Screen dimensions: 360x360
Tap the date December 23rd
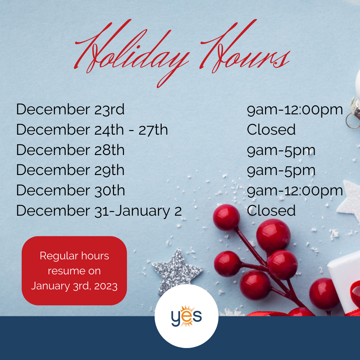(x=70, y=109)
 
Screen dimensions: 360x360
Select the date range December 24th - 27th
(x=92, y=129)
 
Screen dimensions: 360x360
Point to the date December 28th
(x=70, y=150)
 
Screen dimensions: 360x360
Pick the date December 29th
(x=70, y=170)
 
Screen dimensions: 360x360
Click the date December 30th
(x=70, y=190)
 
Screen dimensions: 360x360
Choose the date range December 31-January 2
(x=99, y=211)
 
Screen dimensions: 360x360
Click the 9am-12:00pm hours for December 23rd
(x=295, y=110)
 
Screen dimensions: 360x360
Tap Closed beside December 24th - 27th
(x=271, y=129)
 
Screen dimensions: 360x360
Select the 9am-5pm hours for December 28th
(x=281, y=151)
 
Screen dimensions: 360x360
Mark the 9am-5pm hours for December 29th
(x=281, y=171)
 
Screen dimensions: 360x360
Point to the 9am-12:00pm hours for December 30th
(x=295, y=191)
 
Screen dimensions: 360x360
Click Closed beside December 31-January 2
(x=271, y=211)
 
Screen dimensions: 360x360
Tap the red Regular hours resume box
(x=74, y=271)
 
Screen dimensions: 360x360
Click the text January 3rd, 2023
(x=74, y=286)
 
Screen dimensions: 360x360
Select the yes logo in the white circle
(x=186, y=316)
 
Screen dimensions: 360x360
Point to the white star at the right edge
(x=350, y=200)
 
